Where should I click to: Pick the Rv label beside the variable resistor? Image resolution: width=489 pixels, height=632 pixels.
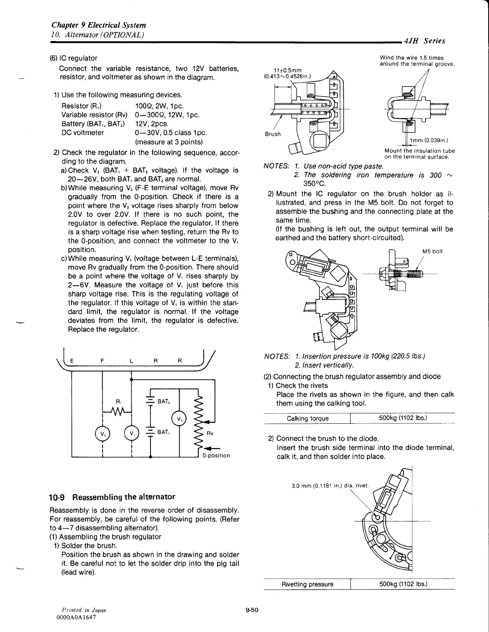[x=210, y=434]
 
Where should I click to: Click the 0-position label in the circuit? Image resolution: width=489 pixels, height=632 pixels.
[x=216, y=456]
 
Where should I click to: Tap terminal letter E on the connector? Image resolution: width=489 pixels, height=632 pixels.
[x=72, y=361]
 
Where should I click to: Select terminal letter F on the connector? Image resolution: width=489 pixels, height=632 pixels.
[x=103, y=361]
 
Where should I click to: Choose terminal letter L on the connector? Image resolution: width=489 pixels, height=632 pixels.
[x=132, y=361]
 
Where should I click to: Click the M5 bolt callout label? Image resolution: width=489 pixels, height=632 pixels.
[x=432, y=251]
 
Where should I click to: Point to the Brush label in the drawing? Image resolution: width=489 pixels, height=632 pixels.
[x=273, y=134]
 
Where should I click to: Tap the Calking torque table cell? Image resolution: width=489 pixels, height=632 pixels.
[x=308, y=418]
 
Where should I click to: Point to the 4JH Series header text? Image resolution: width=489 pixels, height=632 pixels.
[x=425, y=41]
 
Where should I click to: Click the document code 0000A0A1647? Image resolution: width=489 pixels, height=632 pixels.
[x=77, y=617]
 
